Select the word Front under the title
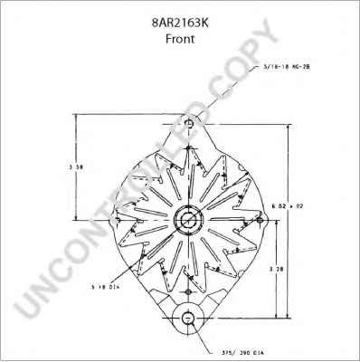(179, 40)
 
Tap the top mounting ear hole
(187, 122)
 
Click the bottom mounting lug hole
(187, 319)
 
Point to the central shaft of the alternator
(187, 220)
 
